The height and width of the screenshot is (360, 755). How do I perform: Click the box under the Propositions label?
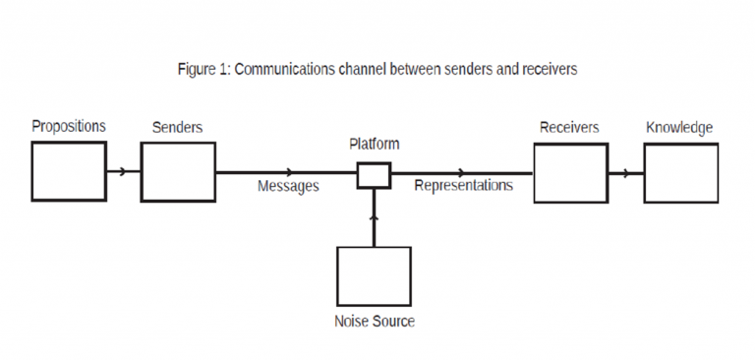[x=68, y=171]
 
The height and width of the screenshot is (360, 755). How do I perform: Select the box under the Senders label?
[x=178, y=172]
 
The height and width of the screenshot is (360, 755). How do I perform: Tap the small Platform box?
[x=374, y=175]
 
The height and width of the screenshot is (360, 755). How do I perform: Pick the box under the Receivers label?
[x=570, y=173]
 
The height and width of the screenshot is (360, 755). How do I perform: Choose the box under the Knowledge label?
[x=680, y=173]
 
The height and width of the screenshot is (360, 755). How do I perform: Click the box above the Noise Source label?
[x=374, y=276]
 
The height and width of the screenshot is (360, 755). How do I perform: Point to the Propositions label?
[x=69, y=127]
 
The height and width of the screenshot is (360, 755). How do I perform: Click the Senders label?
[x=178, y=128]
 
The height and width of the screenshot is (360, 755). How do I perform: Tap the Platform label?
[x=375, y=145]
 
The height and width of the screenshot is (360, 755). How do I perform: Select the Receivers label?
[x=569, y=128]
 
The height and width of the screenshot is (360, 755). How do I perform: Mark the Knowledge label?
[x=679, y=128]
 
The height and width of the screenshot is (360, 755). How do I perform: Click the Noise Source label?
[x=374, y=322]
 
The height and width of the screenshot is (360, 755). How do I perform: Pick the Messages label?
[x=288, y=186]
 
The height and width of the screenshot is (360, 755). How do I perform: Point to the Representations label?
[x=463, y=185]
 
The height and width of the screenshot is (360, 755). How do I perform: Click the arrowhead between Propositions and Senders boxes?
[x=122, y=172]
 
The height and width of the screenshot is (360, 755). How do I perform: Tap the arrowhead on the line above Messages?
[x=288, y=173]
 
